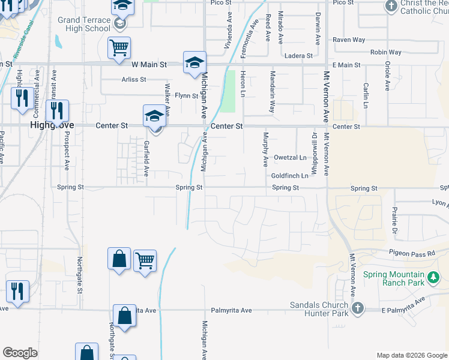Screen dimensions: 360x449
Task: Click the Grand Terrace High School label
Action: pos(84,24)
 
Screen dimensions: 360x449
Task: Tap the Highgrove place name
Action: pos(52,125)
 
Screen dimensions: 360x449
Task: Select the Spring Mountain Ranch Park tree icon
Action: pos(433,277)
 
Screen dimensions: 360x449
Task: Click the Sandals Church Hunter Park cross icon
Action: pos(357,308)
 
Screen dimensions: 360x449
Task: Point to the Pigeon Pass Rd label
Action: pos(411,253)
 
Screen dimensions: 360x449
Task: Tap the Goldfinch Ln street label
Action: pos(289,176)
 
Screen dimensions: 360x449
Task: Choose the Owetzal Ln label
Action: pos(290,158)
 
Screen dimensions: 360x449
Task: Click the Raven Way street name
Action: pos(349,40)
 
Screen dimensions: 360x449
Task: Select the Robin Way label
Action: pos(386,53)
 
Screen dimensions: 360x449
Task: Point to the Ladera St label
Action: pos(298,56)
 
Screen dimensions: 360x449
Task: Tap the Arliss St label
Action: pos(134,79)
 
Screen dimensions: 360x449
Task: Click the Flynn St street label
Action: pos(186,95)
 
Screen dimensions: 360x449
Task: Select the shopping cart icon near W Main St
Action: pos(119,47)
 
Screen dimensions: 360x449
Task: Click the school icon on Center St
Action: pos(154,115)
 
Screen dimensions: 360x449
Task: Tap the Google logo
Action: pos(20,353)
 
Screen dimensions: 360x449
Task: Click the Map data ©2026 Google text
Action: pos(412,355)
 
